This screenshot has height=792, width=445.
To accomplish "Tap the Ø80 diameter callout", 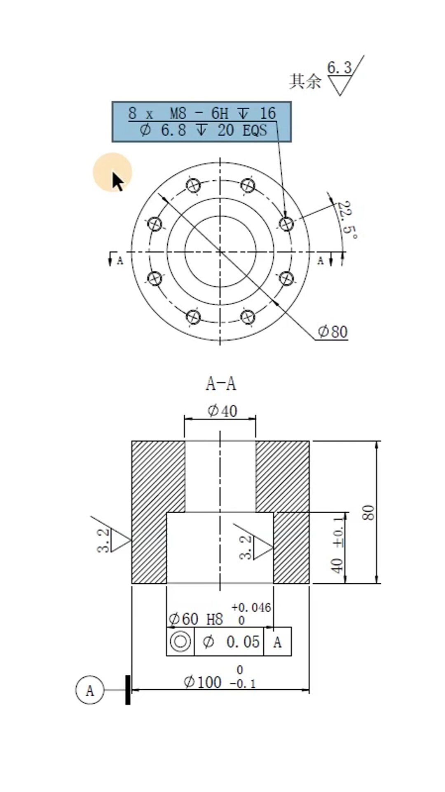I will (x=333, y=332).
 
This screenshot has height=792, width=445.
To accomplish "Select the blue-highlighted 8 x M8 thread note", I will (x=201, y=122).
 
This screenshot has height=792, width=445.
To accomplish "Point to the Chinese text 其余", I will (x=305, y=81).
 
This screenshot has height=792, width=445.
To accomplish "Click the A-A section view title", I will (x=221, y=384).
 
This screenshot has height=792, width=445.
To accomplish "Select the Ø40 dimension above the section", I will (x=222, y=411).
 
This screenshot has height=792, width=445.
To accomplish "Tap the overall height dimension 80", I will (x=369, y=512).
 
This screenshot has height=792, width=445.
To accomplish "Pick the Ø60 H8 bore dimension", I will (x=196, y=619).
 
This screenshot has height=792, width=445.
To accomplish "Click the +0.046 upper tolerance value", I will (x=251, y=607).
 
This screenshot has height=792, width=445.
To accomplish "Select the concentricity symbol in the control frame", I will (x=180, y=642).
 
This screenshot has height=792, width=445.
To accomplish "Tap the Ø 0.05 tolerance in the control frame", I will (x=231, y=642).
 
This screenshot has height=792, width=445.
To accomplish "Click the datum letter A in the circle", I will (x=89, y=690).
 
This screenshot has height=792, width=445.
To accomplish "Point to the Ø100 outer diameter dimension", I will (x=203, y=682).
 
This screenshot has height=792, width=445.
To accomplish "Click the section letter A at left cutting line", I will (x=120, y=261).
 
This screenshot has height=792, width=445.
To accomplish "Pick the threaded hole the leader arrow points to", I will (x=286, y=224).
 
